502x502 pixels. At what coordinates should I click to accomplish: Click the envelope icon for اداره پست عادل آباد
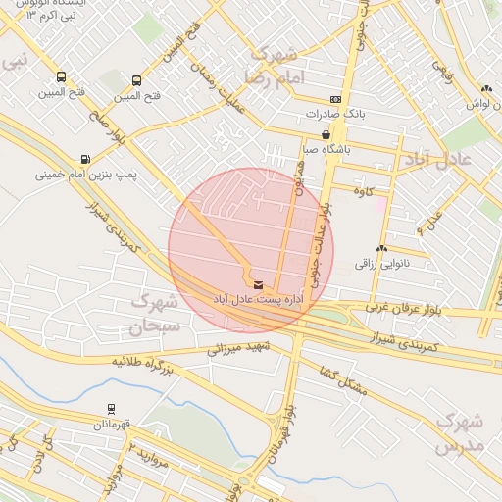pyautogui.click(x=244, y=285)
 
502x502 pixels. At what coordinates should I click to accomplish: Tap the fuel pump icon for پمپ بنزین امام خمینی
pyautogui.click(x=86, y=159)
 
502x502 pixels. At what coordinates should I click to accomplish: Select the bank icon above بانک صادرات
pyautogui.click(x=335, y=99)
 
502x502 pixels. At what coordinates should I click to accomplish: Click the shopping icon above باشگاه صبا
pyautogui.click(x=326, y=135)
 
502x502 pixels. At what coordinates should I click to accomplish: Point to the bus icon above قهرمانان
pyautogui.click(x=111, y=410)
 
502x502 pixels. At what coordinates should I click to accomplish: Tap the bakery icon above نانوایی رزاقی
pyautogui.click(x=380, y=249)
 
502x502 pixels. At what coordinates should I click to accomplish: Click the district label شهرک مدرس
pyautogui.click(x=460, y=430)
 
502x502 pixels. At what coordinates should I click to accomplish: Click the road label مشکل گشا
pyautogui.click(x=343, y=379)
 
